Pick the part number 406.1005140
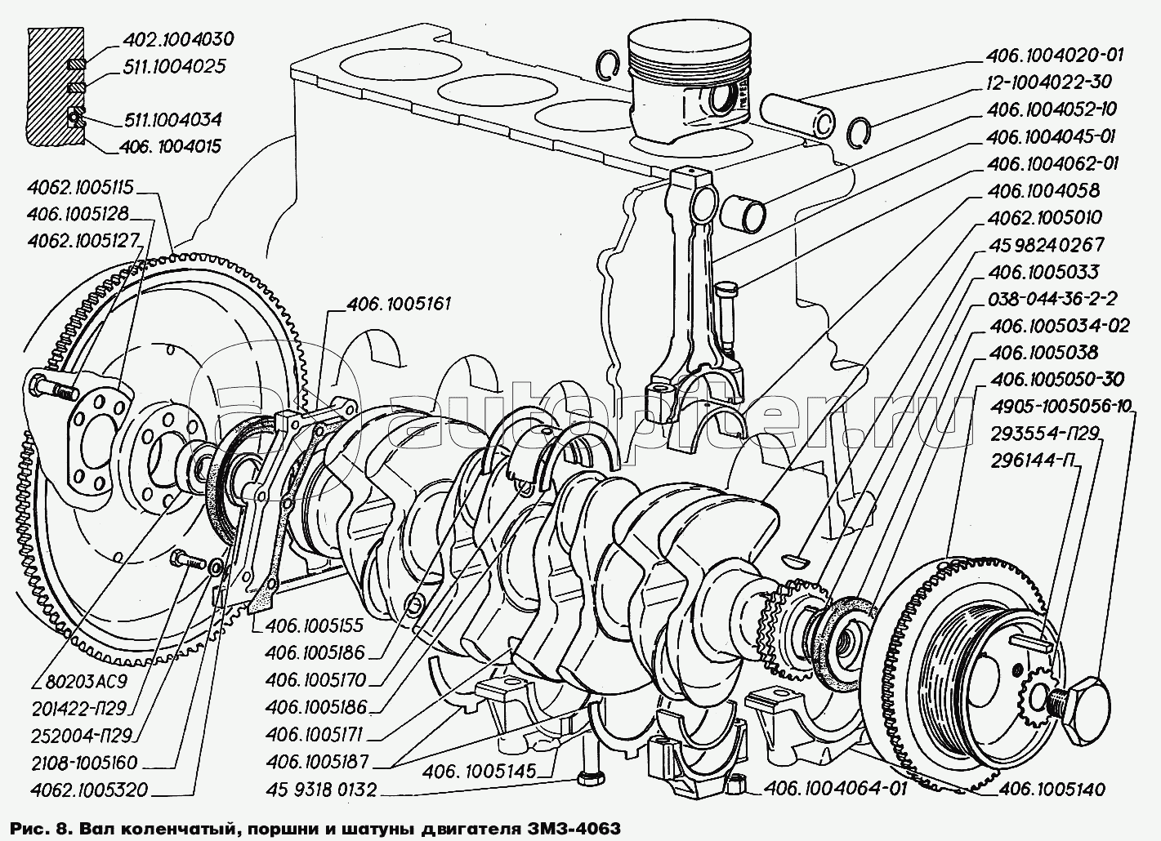tap(1052, 790)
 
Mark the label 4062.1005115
tap(80, 187)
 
